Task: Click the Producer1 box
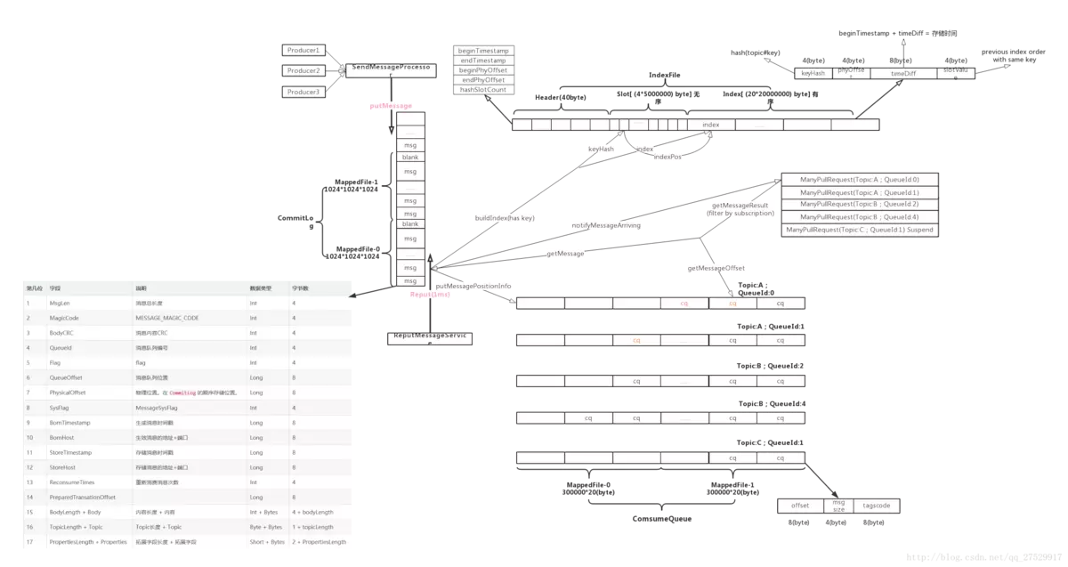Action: click(303, 50)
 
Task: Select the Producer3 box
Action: click(303, 92)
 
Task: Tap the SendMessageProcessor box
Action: click(392, 68)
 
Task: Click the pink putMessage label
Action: click(391, 106)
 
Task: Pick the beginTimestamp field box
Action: click(483, 51)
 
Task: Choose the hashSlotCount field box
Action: click(483, 90)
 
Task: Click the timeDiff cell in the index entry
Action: click(903, 74)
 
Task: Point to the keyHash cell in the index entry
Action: click(813, 74)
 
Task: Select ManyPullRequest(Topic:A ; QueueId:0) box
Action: click(859, 179)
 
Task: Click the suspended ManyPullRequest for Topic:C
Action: click(859, 229)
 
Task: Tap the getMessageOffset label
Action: click(716, 268)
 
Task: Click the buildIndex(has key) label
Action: click(505, 217)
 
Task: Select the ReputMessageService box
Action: click(431, 338)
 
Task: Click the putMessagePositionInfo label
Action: click(473, 286)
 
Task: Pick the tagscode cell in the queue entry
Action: click(877, 506)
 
